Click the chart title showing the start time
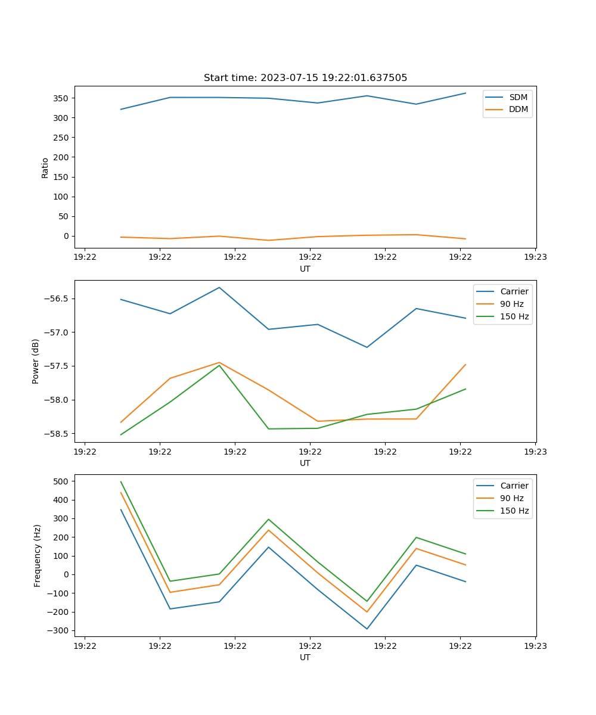(305, 78)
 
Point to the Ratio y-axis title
(45, 167)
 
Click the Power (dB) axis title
(36, 361)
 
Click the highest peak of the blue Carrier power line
(219, 288)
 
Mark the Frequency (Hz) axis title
(38, 555)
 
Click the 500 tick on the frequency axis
(61, 481)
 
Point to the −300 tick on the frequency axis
(60, 630)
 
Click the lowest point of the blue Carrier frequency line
(367, 629)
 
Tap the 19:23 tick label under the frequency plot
(535, 645)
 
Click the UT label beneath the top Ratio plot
(305, 269)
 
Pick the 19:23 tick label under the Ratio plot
(535, 257)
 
